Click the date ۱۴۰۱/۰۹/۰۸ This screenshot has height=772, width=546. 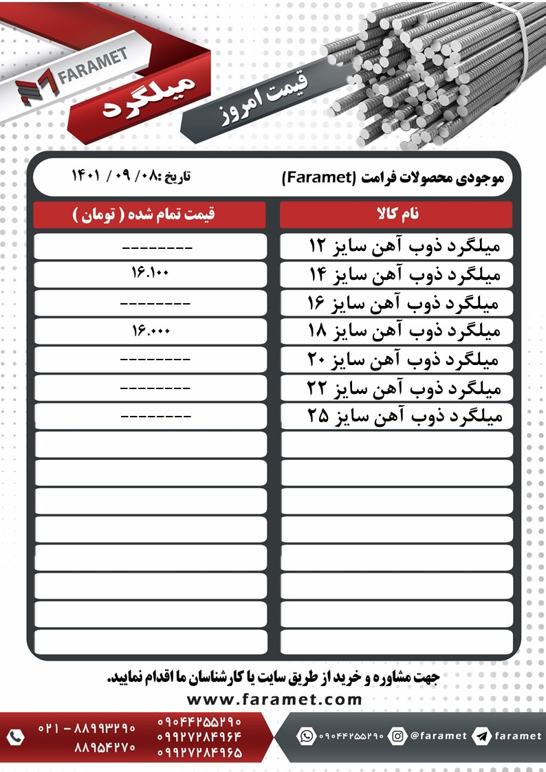131,176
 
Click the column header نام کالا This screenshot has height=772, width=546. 396,214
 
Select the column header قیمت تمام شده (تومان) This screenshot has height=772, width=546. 150,214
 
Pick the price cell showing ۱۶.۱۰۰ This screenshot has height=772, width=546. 150,274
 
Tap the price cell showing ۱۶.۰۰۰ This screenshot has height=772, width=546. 150,331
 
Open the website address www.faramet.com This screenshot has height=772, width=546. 274,699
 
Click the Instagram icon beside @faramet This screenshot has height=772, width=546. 397,736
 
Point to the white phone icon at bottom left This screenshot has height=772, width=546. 15,738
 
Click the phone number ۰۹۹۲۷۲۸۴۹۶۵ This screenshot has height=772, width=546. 199,753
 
